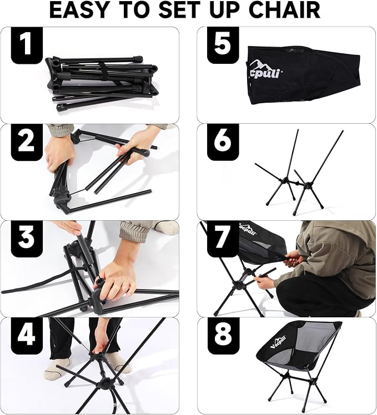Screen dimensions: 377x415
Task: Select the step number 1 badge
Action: coord(27,45)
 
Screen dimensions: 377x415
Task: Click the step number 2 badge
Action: coord(27,142)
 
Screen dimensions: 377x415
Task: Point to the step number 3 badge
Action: coord(27,239)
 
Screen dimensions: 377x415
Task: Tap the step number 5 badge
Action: coord(223,45)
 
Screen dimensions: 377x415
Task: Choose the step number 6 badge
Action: coord(223,142)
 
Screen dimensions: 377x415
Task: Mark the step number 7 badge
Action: coord(223,239)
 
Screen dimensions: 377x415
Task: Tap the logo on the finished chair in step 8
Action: coord(278,342)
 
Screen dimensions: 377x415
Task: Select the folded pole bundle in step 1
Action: coord(102,83)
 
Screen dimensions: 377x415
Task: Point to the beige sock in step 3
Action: coord(167,228)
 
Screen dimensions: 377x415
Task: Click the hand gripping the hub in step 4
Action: coord(103,344)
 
